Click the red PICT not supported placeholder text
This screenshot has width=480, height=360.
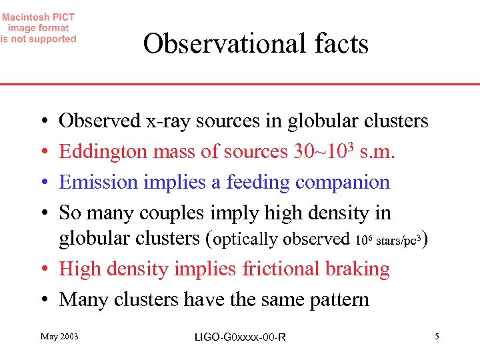pyautogui.click(x=39, y=28)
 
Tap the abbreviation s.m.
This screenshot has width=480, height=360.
pyautogui.click(x=378, y=152)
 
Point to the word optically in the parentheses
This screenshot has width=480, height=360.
pyautogui.click(x=243, y=238)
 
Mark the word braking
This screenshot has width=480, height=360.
pyautogui.click(x=358, y=269)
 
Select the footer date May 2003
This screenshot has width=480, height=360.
pyautogui.click(x=59, y=337)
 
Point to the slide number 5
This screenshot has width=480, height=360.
pyautogui.click(x=437, y=337)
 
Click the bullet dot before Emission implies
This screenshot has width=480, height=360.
pyautogui.click(x=43, y=183)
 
